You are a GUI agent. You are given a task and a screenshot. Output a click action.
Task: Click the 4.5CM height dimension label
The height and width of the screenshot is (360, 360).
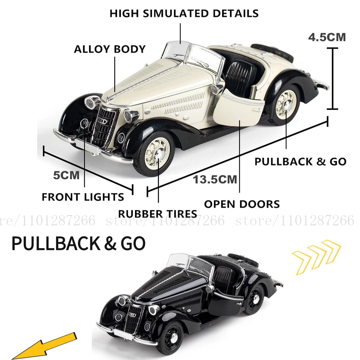click(327, 37)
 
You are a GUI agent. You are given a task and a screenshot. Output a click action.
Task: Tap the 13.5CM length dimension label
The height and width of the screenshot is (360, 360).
click(215, 179)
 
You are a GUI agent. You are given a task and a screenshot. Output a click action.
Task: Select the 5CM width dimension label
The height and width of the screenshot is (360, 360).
click(66, 175)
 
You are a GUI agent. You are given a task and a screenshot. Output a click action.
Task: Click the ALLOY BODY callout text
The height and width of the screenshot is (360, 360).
click(110, 49)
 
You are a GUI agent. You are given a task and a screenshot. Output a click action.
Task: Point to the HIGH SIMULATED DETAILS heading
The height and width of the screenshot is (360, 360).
click(184, 13)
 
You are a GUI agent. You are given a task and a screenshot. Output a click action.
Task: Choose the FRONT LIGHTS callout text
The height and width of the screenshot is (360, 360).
click(83, 197)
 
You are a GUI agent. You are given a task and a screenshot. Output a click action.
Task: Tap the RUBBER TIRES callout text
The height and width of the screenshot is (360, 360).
click(157, 214)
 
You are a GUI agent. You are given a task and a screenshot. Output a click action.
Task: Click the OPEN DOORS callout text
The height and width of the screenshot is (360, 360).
click(242, 204)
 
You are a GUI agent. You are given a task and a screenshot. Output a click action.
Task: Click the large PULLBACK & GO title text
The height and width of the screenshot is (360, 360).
click(79, 243)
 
